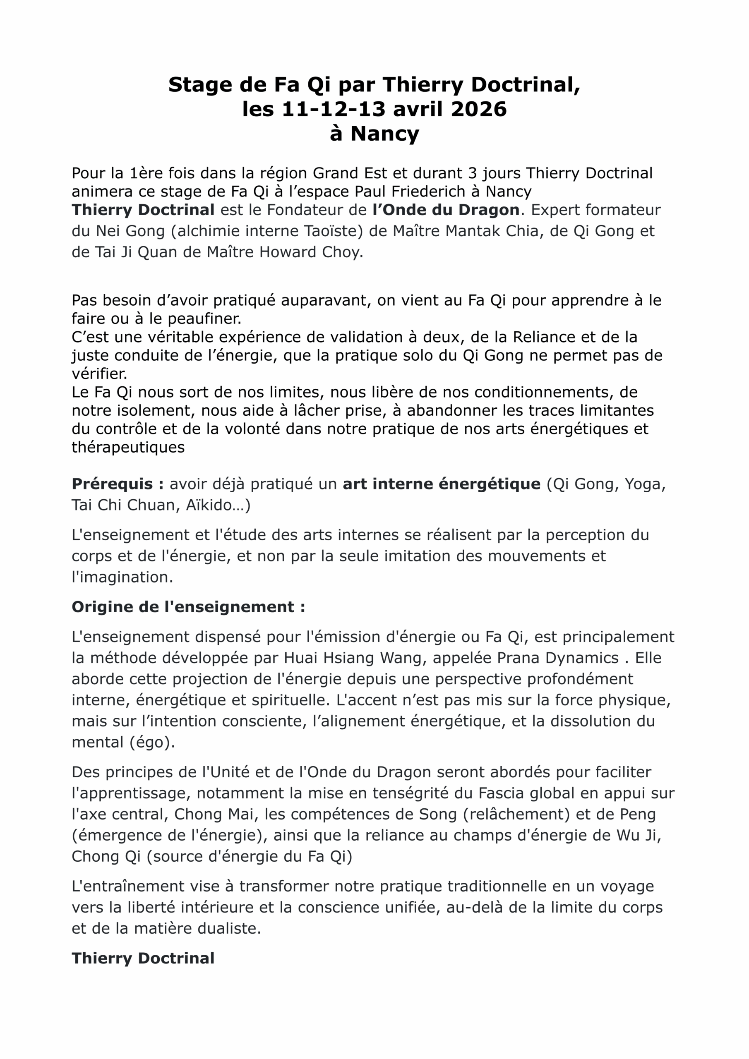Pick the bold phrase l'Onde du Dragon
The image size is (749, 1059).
(446, 210)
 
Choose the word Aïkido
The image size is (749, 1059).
(215, 505)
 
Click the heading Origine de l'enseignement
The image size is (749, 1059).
(188, 606)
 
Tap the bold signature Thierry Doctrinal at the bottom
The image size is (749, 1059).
(143, 958)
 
